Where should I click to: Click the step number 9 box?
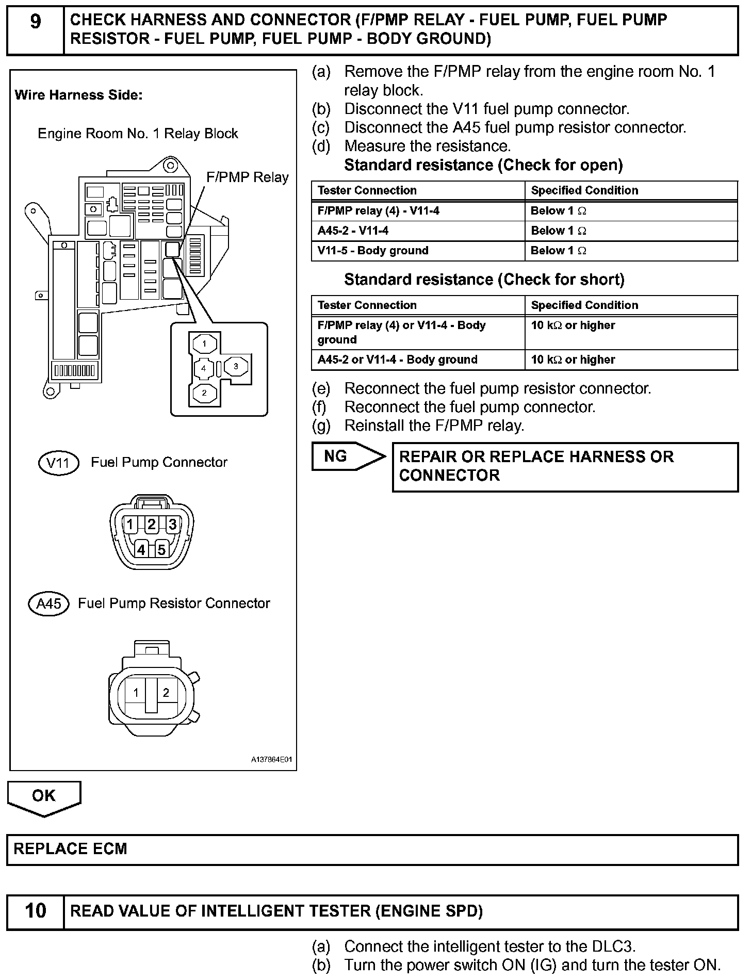[x=35, y=30]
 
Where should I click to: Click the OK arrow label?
[x=43, y=796]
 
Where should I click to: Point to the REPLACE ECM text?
[x=70, y=850]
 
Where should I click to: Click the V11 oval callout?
[x=58, y=463]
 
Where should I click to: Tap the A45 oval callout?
[x=49, y=603]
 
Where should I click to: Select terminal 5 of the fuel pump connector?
[x=161, y=550]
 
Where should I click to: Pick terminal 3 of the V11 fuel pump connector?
[x=172, y=525]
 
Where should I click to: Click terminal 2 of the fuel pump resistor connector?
[x=166, y=693]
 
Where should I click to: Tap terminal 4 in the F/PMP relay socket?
[x=204, y=368]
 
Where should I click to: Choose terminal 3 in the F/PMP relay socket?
[x=236, y=366]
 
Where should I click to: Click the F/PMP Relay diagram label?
[x=247, y=177]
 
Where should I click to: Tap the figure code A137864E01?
[x=271, y=760]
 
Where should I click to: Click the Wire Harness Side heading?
[x=78, y=95]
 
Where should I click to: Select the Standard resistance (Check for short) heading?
[x=484, y=280]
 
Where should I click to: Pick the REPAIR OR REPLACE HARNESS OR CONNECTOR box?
[x=565, y=466]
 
